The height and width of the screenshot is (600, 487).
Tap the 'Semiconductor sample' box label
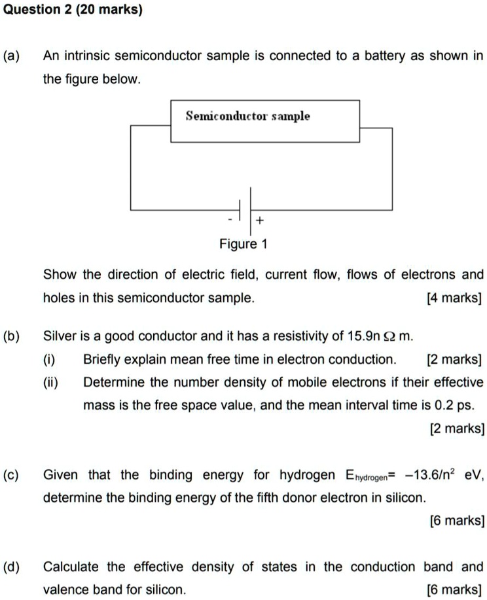coord(248,116)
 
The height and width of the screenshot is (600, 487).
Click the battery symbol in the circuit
coord(247,209)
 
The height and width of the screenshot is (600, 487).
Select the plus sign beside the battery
coord(260,222)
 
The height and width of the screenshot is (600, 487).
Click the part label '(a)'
coord(13,56)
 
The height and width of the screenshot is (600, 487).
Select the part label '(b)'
coord(13,337)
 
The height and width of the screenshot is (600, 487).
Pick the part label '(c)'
coord(13,474)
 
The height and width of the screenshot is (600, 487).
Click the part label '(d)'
coord(13,567)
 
